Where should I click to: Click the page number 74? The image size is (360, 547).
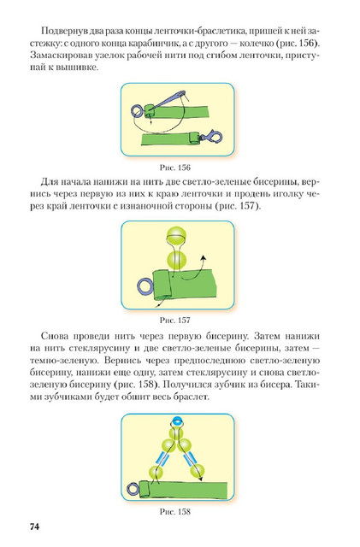[34, 526]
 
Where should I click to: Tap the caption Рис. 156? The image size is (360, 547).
[175, 168]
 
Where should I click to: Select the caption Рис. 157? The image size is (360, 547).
[175, 320]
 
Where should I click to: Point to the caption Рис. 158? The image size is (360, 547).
[175, 511]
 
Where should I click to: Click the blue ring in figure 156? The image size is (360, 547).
[137, 110]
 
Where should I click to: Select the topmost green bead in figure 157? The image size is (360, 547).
[176, 237]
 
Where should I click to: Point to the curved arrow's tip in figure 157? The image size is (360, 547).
[204, 257]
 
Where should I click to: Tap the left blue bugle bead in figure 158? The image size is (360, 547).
[162, 458]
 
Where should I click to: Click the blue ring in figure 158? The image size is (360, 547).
[133, 488]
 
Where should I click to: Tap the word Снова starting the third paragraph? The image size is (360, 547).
[55, 336]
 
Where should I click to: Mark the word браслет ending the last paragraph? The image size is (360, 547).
[193, 397]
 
